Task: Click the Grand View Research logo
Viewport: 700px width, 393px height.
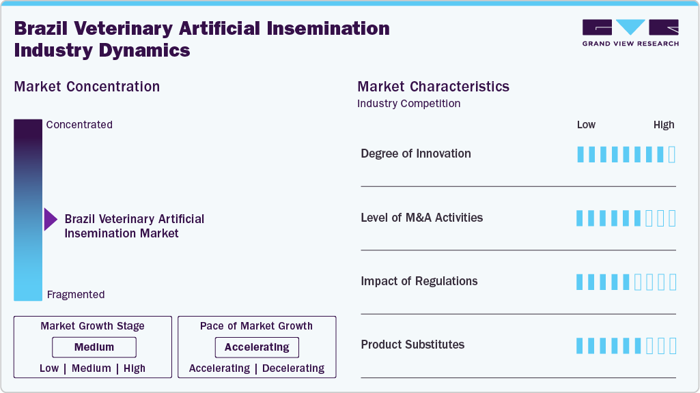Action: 630,33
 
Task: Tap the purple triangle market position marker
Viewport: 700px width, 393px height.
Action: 51,220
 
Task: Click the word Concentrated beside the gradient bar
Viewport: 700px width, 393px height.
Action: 79,125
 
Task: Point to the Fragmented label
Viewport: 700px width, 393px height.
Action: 76,295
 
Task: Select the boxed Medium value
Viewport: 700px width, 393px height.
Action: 94,347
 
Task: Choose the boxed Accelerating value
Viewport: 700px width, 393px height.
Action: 257,347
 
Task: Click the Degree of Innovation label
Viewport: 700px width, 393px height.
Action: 416,154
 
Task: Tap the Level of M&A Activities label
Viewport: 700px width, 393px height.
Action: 421,218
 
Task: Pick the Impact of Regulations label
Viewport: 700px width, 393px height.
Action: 419,281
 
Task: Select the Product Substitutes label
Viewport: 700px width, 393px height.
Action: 412,345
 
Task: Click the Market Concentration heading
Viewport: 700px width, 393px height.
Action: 87,87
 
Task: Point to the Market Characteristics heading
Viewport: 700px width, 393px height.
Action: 433,87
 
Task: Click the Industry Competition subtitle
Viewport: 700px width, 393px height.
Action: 408,104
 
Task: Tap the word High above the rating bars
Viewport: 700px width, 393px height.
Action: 663,125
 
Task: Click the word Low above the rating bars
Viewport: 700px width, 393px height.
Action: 586,125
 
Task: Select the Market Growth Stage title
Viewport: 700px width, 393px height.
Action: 92,326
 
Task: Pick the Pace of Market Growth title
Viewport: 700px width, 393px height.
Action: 256,326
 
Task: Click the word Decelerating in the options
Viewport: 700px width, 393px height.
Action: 293,368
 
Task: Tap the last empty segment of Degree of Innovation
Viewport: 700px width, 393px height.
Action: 671,154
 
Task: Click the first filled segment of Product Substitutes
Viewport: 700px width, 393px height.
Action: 580,346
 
